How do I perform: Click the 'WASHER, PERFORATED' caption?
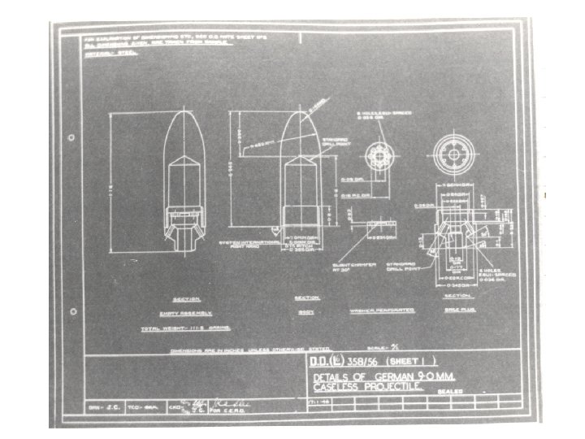tap(382, 311)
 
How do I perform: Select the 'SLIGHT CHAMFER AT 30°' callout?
tap(350, 267)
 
